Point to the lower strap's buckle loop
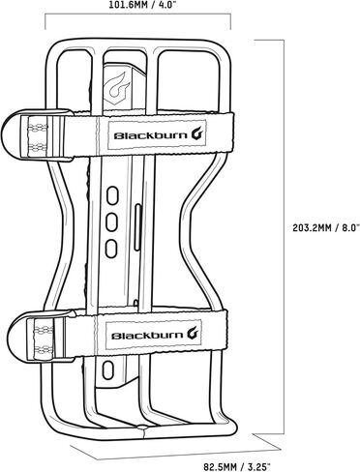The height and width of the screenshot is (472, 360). coord(42,335)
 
